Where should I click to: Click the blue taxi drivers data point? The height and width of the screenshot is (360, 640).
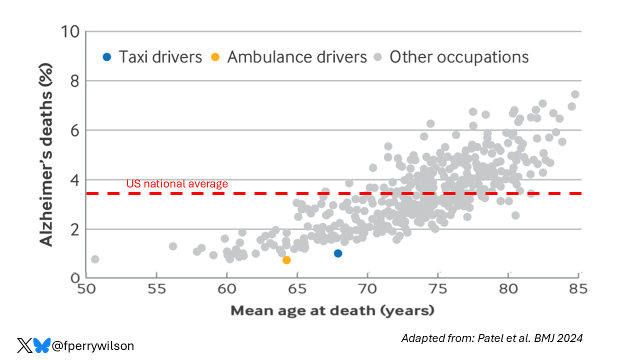338,253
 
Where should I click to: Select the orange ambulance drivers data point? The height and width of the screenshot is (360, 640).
286,260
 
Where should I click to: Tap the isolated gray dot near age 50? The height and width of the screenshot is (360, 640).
95,259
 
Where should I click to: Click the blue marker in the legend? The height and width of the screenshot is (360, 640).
106,57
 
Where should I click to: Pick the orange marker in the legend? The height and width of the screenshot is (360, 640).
215,57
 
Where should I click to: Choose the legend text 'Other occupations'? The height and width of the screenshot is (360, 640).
459,57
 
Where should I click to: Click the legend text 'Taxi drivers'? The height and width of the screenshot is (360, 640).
160,57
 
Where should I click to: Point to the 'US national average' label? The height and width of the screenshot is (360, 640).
177,184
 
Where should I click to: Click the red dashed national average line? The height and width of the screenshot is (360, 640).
350,193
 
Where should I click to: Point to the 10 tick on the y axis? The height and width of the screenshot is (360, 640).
70,32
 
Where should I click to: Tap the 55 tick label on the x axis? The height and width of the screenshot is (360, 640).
156,290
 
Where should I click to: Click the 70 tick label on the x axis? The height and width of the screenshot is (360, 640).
367,290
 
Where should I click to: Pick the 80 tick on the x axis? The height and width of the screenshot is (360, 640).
508,290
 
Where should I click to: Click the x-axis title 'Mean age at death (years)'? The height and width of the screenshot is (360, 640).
332,311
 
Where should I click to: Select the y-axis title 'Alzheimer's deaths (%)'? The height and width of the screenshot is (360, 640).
46,155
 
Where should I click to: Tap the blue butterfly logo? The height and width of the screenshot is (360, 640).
41,345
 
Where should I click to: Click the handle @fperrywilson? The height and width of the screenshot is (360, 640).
93,345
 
